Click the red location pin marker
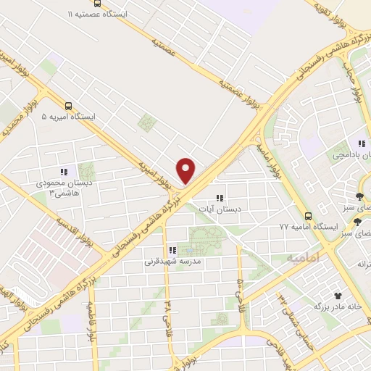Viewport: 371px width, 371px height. pos(187,170)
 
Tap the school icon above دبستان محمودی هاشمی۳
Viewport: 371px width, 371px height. pos(64,172)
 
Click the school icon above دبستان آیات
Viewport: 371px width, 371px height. pos(220,197)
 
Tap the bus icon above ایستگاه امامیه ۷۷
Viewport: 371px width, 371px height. pos(309,215)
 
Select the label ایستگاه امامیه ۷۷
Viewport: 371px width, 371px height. pos(309,227)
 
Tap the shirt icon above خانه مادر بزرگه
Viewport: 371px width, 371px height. pos(337,296)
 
